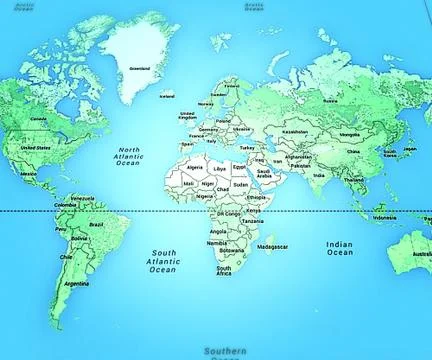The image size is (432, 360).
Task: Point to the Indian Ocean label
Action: (x=340, y=248)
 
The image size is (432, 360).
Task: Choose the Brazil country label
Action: (x=97, y=225)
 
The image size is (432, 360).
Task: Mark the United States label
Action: (x=36, y=148)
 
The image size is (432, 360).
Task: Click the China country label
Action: (x=353, y=152)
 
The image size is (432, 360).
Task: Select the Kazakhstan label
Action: (x=295, y=131)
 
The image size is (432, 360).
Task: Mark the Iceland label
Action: (x=167, y=96)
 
